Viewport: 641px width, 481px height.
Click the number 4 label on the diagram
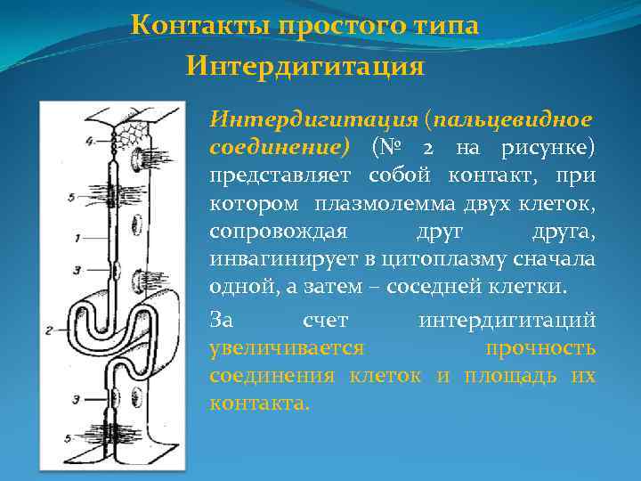(x=89, y=141)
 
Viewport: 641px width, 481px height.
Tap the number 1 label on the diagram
(x=77, y=238)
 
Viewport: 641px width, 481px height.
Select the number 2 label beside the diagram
(x=49, y=330)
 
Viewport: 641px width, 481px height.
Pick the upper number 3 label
(x=77, y=269)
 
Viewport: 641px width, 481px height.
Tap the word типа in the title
(x=443, y=25)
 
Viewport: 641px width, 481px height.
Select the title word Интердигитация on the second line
(x=305, y=66)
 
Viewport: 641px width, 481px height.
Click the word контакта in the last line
(x=259, y=403)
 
